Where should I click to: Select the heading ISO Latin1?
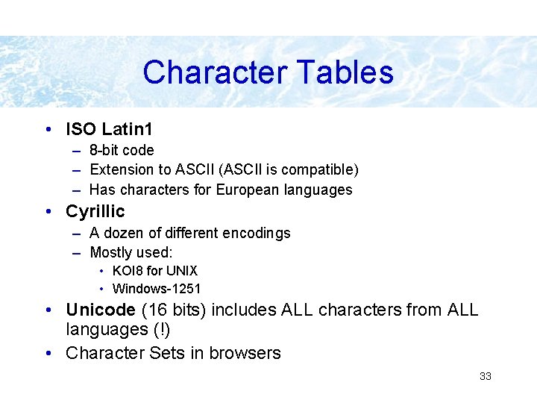109,129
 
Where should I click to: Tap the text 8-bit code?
122,150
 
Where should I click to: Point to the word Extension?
120,170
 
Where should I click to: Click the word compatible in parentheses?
318,170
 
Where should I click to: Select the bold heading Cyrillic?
95,211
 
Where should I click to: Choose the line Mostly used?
131,252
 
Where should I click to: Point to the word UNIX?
181,271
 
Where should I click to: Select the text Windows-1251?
157,289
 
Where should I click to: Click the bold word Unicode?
98,310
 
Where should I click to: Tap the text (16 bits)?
171,310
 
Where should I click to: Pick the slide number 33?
486,376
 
